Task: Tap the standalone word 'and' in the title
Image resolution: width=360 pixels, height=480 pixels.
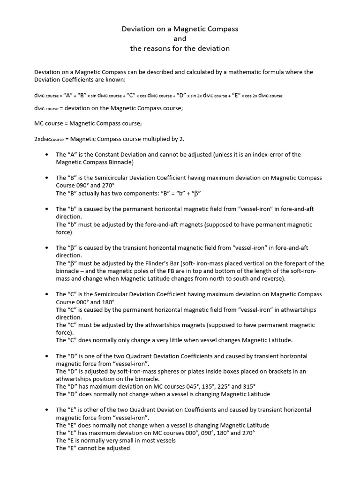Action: click(x=180, y=38)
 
